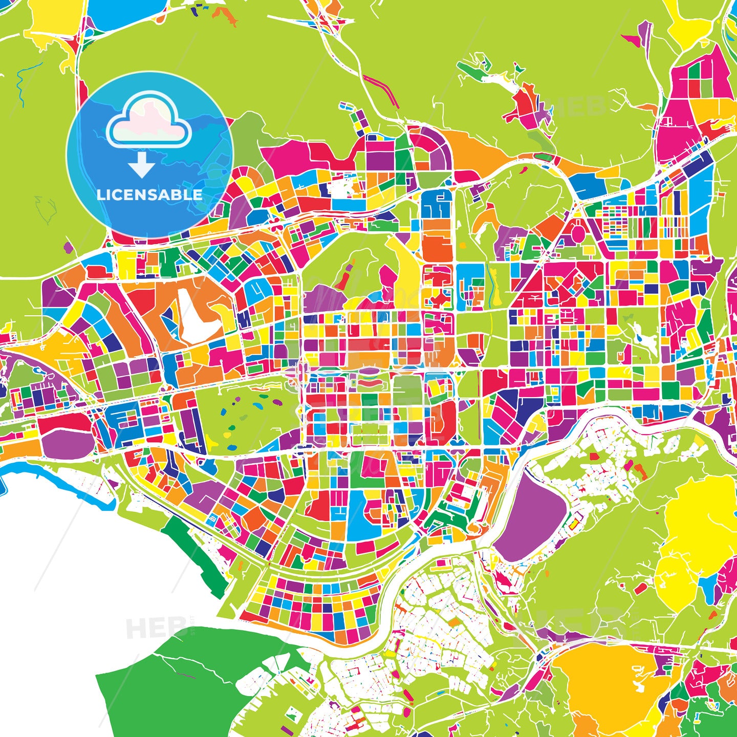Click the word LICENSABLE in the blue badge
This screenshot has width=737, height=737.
click(149, 195)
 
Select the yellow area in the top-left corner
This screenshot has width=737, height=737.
click(54, 20)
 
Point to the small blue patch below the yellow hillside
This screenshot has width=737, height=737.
click(709, 589)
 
